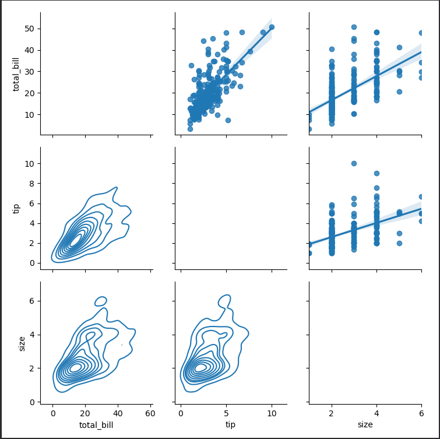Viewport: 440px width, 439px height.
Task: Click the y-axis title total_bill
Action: [x=16, y=73]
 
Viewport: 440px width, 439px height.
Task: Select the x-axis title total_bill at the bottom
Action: [x=96, y=425]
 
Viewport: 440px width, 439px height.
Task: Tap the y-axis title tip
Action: [x=16, y=208]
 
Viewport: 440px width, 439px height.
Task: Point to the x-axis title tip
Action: [x=230, y=425]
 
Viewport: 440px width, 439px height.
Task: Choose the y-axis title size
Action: [x=22, y=343]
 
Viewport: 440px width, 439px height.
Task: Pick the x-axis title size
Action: [x=365, y=425]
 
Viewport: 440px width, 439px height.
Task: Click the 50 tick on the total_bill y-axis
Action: [x=30, y=29]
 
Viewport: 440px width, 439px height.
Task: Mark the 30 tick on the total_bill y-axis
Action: [x=30, y=72]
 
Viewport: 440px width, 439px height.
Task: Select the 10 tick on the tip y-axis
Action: [x=30, y=163]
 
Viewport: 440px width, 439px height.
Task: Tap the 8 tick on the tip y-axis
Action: [x=31, y=183]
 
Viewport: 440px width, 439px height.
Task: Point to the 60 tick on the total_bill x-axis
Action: [x=150, y=413]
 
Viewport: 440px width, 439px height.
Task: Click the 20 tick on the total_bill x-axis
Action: [x=85, y=413]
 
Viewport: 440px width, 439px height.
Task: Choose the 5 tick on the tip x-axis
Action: [x=226, y=413]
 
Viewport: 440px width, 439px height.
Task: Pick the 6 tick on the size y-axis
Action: [x=31, y=301]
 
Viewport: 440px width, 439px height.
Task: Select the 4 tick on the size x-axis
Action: [x=376, y=413]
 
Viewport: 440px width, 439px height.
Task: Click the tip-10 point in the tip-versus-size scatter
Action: [x=354, y=163]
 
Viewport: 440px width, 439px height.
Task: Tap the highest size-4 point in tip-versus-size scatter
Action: [x=376, y=173]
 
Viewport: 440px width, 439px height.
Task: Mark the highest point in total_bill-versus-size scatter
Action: [x=354, y=27]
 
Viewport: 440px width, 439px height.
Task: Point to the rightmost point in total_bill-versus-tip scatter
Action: [x=272, y=27]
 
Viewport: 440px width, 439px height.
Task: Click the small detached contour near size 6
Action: [x=101, y=301]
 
